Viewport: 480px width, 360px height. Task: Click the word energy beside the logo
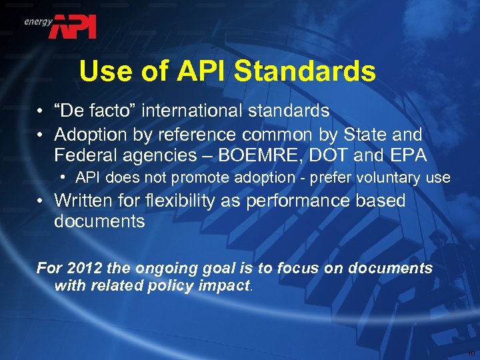pos(38,21)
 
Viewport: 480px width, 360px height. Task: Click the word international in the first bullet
pos(190,110)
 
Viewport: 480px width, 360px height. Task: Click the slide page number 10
pos(471,353)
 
